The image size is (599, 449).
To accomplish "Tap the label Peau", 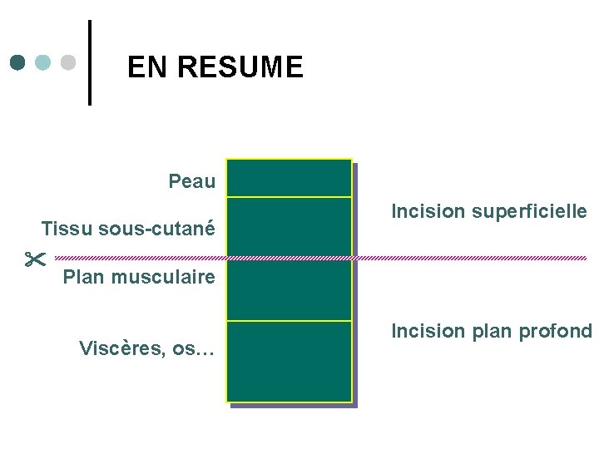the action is [191, 180].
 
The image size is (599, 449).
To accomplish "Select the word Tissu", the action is [65, 228].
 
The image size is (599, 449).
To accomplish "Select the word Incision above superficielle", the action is [424, 212].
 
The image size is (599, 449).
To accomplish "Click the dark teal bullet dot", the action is [19, 62].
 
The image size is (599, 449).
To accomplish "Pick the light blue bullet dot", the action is [44, 62].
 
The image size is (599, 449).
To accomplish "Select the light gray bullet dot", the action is [69, 62].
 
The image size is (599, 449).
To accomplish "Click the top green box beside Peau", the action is [290, 178].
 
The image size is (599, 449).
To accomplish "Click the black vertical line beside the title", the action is [90, 62].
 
